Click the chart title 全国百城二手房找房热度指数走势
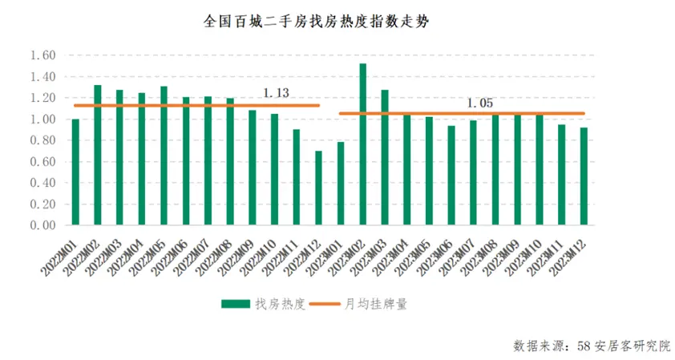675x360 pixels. [316, 22]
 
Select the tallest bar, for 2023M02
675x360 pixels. [363, 144]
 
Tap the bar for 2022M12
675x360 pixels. [318, 188]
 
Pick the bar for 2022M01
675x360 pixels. [75, 172]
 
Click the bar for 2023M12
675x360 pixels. [583, 176]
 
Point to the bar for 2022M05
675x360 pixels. [164, 156]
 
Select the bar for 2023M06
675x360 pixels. [451, 176]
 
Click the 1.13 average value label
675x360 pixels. [276, 93]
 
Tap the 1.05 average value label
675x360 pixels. [480, 103]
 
